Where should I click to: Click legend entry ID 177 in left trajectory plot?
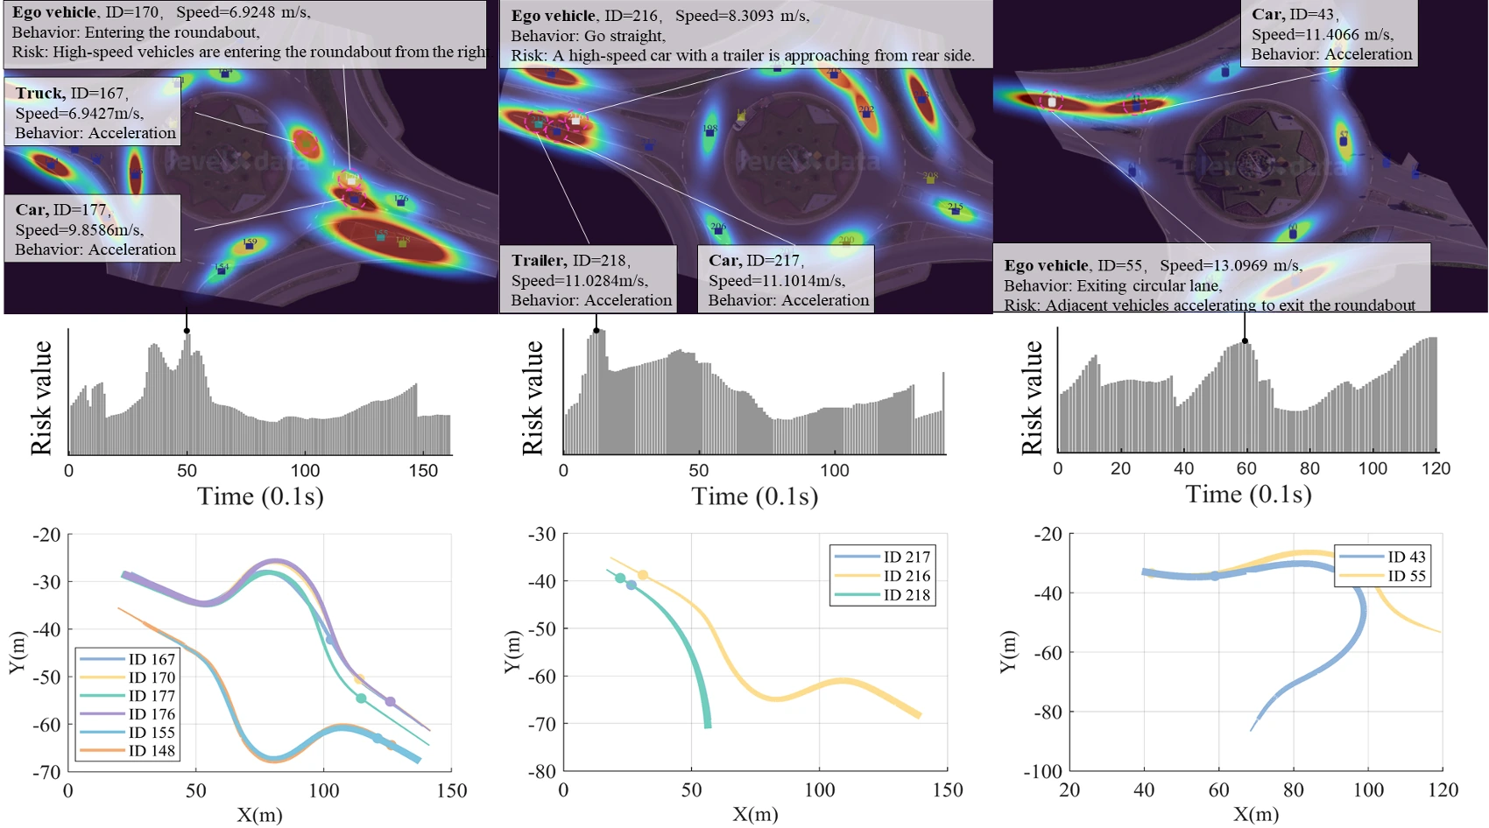click(x=152, y=696)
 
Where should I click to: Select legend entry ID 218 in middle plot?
click(x=907, y=594)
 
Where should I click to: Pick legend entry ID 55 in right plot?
click(x=1407, y=576)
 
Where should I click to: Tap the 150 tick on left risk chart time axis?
click(x=423, y=471)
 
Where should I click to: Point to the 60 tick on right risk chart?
click(x=1246, y=468)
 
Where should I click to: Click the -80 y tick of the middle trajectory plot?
click(x=543, y=771)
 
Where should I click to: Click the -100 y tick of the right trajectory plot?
click(x=1042, y=772)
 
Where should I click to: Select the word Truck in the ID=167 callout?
click(x=39, y=94)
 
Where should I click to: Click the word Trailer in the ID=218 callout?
click(x=538, y=261)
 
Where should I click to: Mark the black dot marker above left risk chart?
click(x=187, y=331)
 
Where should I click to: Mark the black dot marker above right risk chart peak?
click(x=1245, y=341)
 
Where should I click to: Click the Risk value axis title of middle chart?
click(x=533, y=398)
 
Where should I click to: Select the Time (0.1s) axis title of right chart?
click(x=1248, y=495)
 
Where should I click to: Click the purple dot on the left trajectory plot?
click(x=390, y=702)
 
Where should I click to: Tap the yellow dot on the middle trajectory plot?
click(x=643, y=575)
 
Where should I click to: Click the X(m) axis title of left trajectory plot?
click(x=259, y=815)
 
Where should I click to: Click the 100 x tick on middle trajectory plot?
click(x=819, y=790)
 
